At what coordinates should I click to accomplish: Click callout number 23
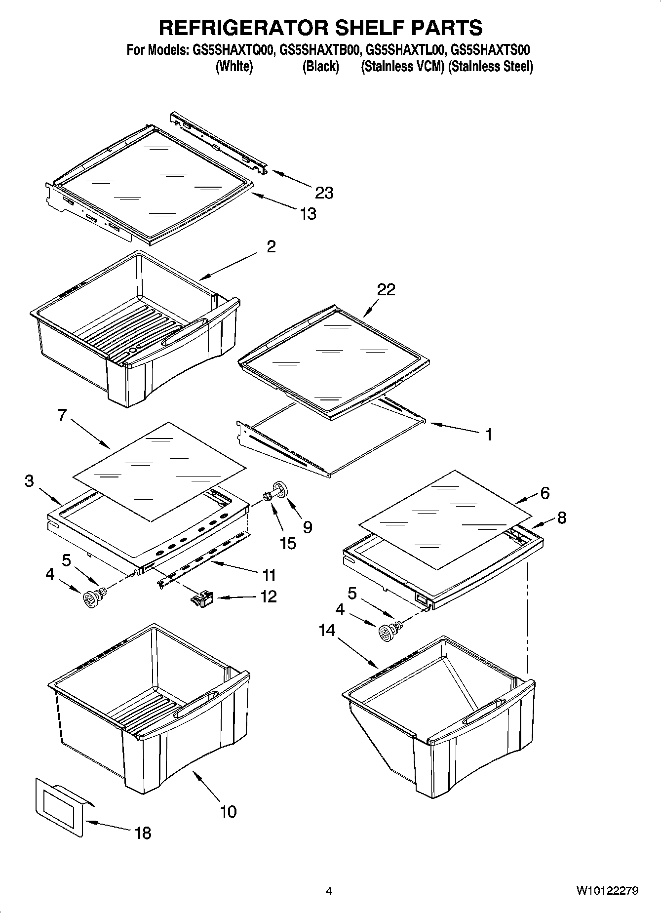point(324,193)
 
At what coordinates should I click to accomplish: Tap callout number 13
point(308,214)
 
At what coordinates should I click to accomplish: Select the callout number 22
point(386,289)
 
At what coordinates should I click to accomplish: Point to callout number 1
point(488,435)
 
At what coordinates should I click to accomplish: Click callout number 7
point(62,415)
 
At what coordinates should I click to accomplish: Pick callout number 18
point(143,834)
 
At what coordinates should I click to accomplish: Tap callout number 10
point(228,811)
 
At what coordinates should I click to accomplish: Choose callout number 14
point(327,630)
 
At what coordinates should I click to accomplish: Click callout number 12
point(268,596)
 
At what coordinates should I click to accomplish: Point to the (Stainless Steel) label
point(491,67)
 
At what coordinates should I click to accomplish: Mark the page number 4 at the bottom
point(328,891)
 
